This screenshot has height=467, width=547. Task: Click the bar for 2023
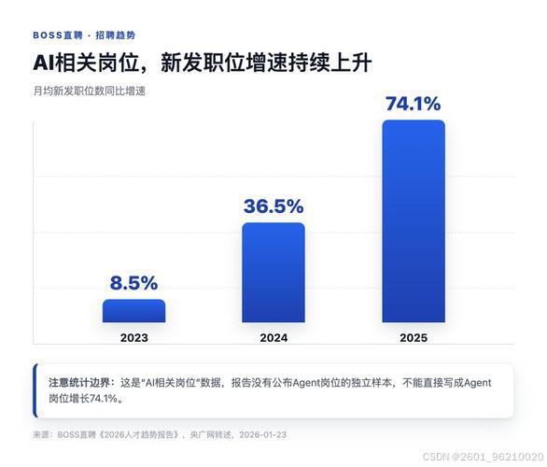(134, 311)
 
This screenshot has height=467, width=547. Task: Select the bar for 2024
(273, 272)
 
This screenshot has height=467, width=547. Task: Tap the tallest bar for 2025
(414, 221)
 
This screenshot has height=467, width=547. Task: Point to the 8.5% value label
(134, 283)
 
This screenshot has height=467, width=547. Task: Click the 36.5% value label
(273, 205)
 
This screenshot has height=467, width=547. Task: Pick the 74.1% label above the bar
(414, 104)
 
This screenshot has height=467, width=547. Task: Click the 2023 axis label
(134, 338)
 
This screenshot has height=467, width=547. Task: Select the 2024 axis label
(273, 338)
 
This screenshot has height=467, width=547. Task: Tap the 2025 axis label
(414, 338)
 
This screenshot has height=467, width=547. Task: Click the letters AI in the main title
(44, 64)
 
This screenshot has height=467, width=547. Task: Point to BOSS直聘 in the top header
(58, 35)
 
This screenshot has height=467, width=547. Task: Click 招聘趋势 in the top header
(115, 35)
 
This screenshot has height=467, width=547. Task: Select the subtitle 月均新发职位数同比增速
(90, 92)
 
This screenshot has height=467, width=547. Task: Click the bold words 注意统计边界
(79, 383)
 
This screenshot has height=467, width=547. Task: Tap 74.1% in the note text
(104, 398)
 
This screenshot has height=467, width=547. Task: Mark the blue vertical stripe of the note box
(35, 390)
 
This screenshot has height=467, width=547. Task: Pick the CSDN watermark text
(483, 457)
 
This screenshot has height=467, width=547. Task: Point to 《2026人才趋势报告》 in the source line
(138, 434)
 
